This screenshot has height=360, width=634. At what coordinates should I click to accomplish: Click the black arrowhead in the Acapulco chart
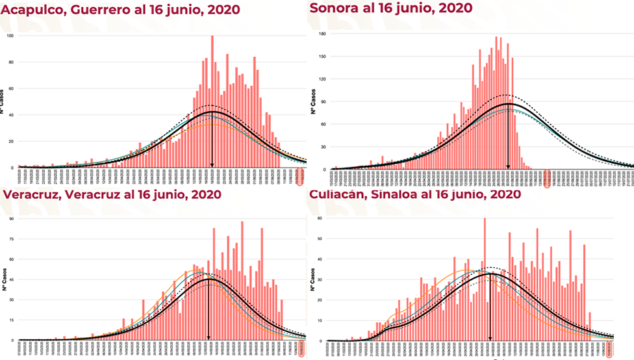coord(212,165)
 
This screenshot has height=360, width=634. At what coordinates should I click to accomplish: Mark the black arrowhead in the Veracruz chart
coord(208,337)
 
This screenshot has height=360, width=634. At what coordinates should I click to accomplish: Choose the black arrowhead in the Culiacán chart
coord(489,337)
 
